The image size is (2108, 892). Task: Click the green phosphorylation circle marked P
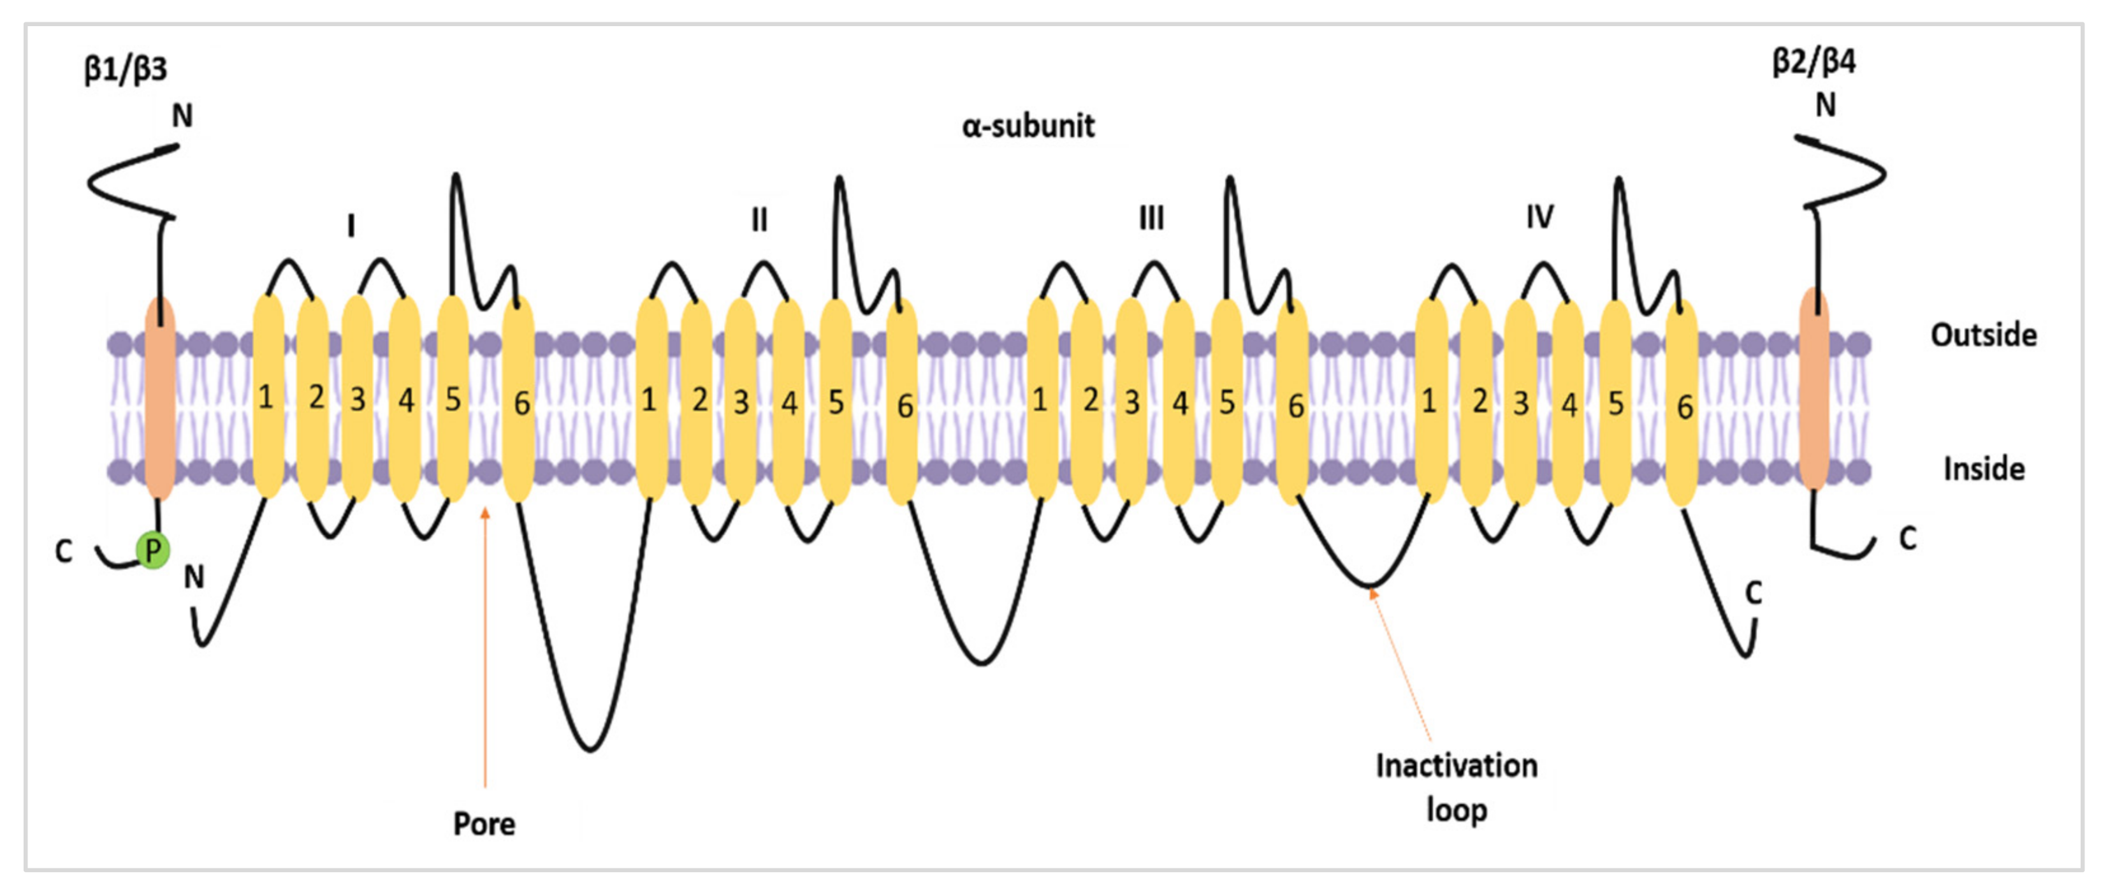point(153,550)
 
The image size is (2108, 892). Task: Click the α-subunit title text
point(1028,126)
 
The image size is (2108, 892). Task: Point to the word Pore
point(484,823)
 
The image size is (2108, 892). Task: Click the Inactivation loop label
point(1456,787)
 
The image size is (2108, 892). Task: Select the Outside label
point(1984,335)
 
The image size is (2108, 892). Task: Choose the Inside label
point(1984,469)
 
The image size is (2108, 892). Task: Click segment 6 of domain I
point(519,401)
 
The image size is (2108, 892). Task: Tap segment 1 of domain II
point(651,399)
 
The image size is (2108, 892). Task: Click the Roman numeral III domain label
point(1151,219)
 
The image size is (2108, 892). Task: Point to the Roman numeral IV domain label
point(1539,217)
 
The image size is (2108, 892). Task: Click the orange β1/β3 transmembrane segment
point(159,398)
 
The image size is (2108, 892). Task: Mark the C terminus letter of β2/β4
point(1907,539)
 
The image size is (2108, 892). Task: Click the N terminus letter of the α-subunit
point(194,577)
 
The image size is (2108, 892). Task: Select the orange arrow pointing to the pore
point(485,647)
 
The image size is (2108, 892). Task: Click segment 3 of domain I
point(358,399)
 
